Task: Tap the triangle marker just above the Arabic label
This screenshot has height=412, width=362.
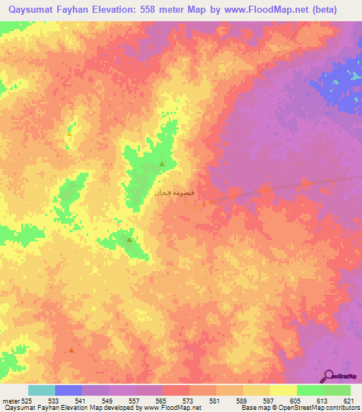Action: (162, 164)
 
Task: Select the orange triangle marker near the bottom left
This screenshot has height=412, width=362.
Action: (71, 350)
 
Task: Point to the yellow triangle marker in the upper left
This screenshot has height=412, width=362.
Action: (69, 132)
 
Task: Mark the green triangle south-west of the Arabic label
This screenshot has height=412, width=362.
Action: (129, 240)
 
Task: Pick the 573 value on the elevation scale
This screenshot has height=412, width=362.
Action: (189, 401)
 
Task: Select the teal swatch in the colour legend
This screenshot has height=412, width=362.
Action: (42, 390)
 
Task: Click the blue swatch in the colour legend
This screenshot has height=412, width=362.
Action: (69, 390)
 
